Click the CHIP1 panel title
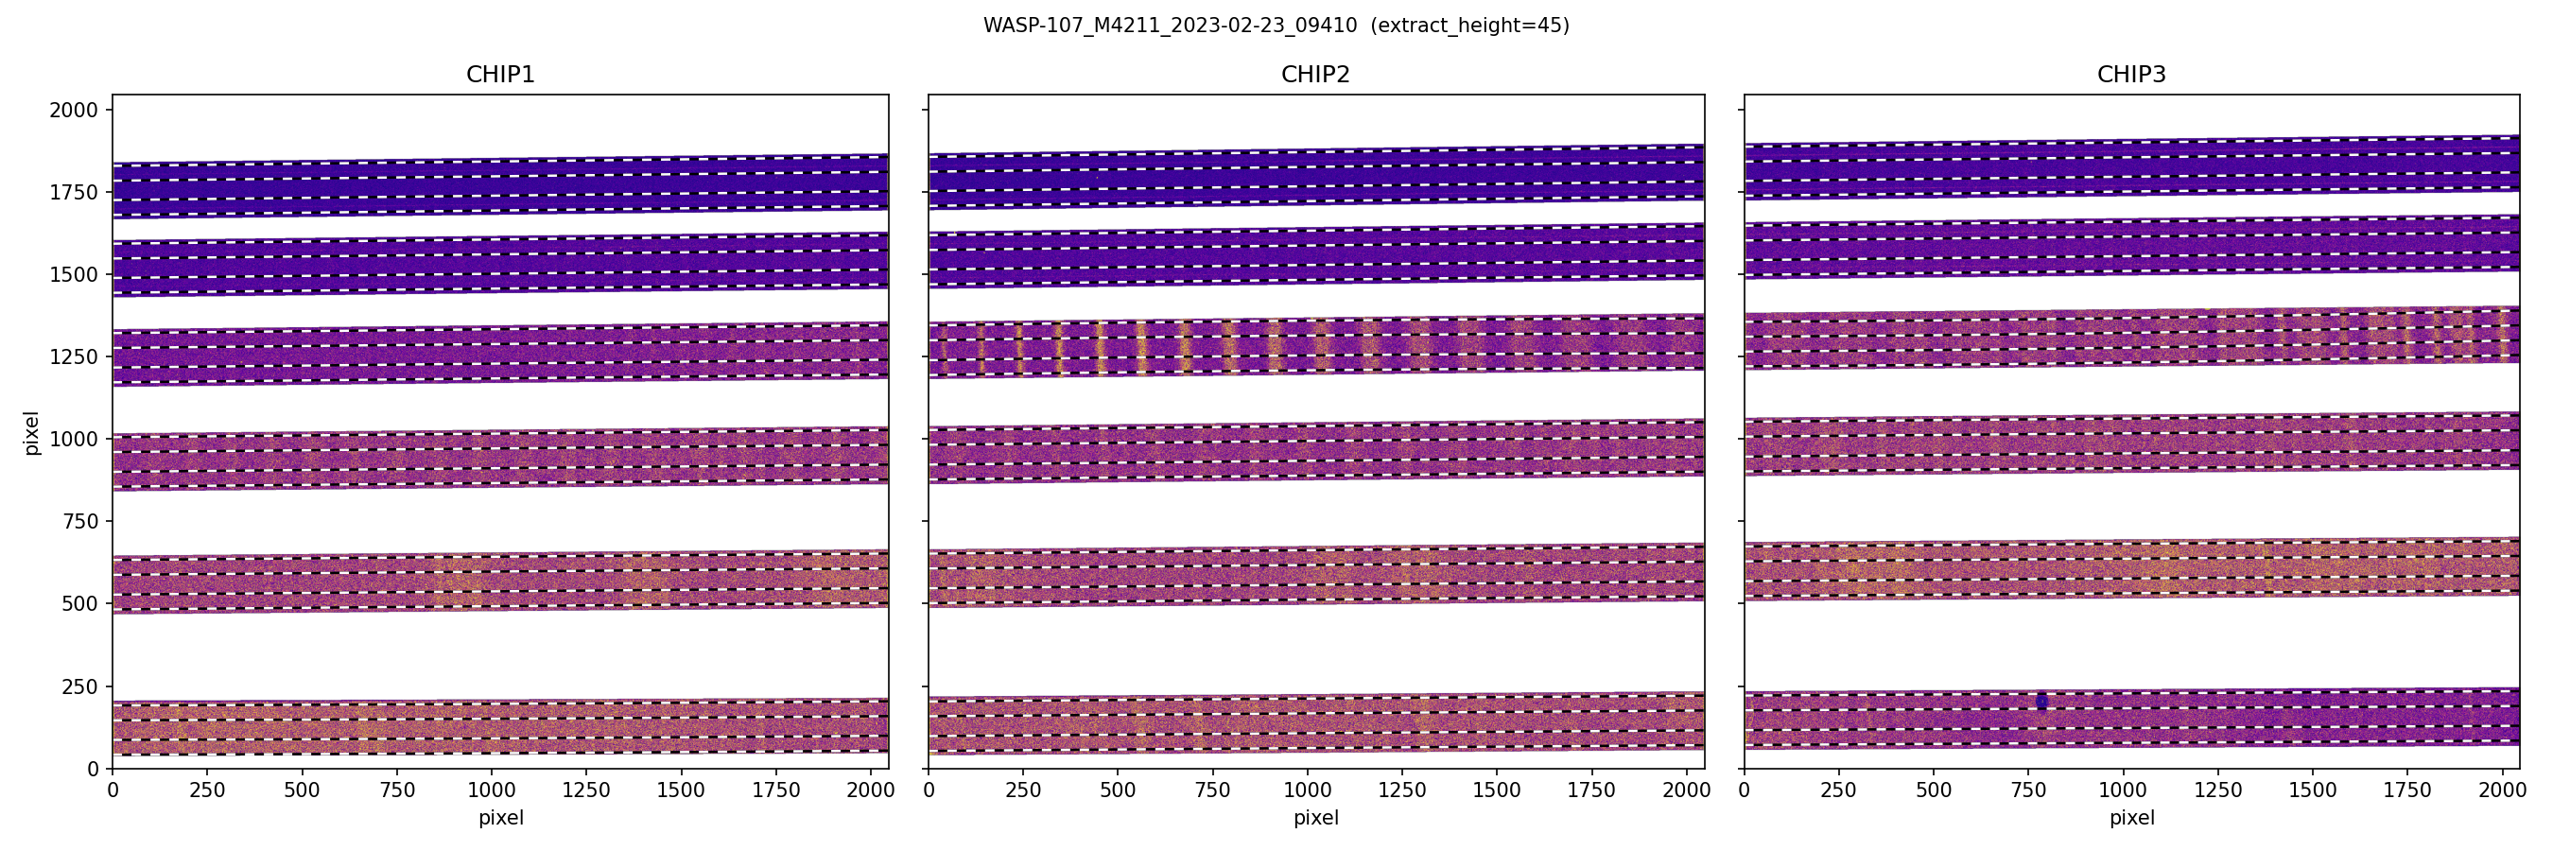500,75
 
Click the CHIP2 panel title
1315,75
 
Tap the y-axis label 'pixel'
32,432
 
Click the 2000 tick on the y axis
74,110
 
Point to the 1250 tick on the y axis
74,356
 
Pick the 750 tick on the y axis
79,521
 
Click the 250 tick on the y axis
79,686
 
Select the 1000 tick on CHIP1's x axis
492,790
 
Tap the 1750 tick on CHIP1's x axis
776,790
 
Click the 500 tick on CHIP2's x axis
1118,790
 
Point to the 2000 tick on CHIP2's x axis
1686,790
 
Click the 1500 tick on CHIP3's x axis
2312,790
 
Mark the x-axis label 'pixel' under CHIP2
1315,818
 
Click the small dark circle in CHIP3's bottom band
2041,702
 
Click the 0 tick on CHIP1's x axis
113,790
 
